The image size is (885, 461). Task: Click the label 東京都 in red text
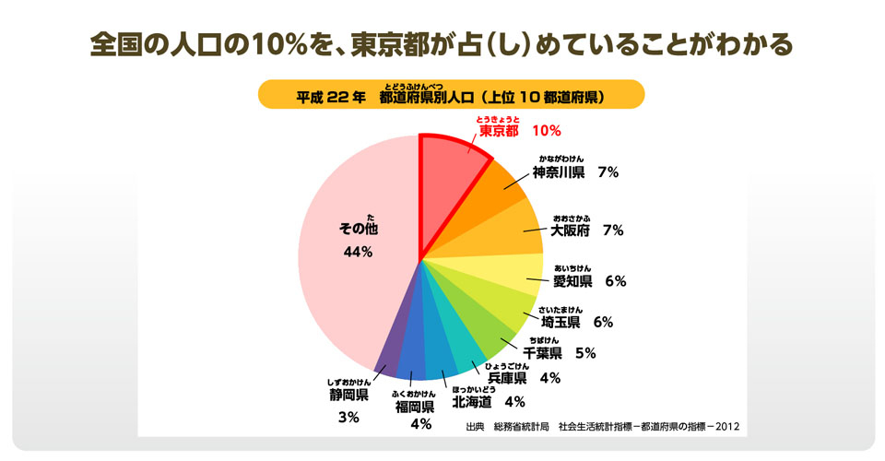[x=499, y=130]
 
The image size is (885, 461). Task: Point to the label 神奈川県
[x=559, y=172]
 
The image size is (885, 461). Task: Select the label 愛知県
[x=572, y=281]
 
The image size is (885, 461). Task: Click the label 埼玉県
[x=560, y=322]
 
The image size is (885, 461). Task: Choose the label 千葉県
[x=543, y=352]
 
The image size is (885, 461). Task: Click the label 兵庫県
[x=507, y=377]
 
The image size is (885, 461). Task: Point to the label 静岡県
[x=348, y=395]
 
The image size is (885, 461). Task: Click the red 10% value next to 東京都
[x=547, y=131]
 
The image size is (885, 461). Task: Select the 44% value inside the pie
[x=357, y=253]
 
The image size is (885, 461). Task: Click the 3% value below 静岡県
[x=348, y=418]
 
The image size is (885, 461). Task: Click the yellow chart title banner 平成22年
[x=450, y=96]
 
